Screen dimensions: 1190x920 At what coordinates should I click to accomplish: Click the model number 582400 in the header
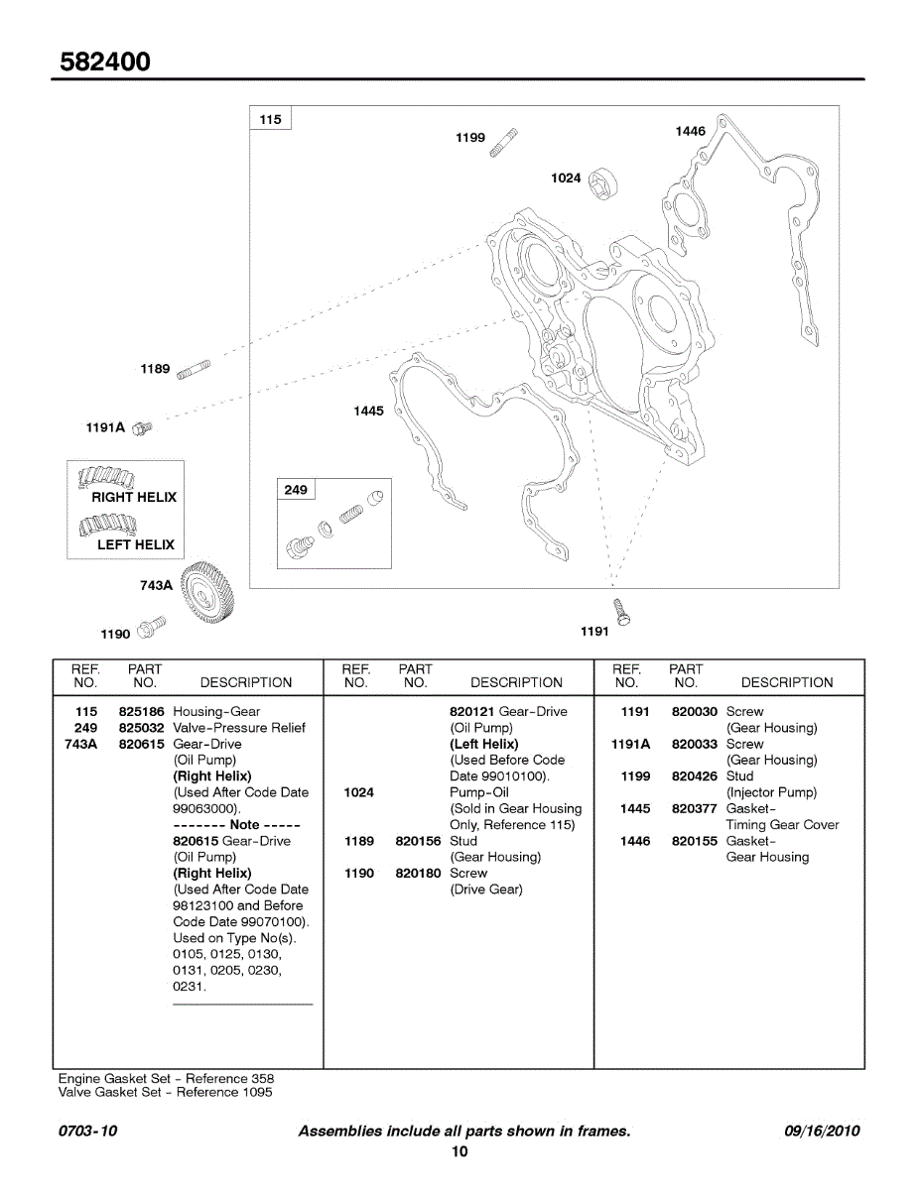point(105,61)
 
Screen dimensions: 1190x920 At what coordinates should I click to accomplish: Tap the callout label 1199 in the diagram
point(470,138)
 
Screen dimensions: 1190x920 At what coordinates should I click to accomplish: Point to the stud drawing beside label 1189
point(193,370)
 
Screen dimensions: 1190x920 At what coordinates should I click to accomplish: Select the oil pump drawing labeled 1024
point(603,183)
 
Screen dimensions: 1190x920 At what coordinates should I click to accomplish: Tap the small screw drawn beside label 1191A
point(142,426)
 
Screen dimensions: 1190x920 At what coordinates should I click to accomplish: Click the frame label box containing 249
point(296,490)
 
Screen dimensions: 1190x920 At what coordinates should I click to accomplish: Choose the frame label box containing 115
point(270,120)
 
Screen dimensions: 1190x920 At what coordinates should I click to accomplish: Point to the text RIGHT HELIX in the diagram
point(134,497)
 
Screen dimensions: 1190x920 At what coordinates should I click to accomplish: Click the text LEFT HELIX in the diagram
point(135,544)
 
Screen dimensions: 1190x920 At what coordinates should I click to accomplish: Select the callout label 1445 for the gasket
point(368,411)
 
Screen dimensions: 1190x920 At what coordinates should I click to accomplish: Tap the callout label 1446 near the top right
point(690,131)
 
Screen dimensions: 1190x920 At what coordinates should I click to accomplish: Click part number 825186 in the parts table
point(141,712)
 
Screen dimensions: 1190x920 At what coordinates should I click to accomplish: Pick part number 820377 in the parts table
point(694,809)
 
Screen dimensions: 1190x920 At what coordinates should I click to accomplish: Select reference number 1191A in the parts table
point(631,744)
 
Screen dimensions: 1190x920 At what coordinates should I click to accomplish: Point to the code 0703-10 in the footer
point(87,1131)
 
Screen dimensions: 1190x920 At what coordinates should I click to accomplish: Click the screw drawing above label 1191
point(621,611)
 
